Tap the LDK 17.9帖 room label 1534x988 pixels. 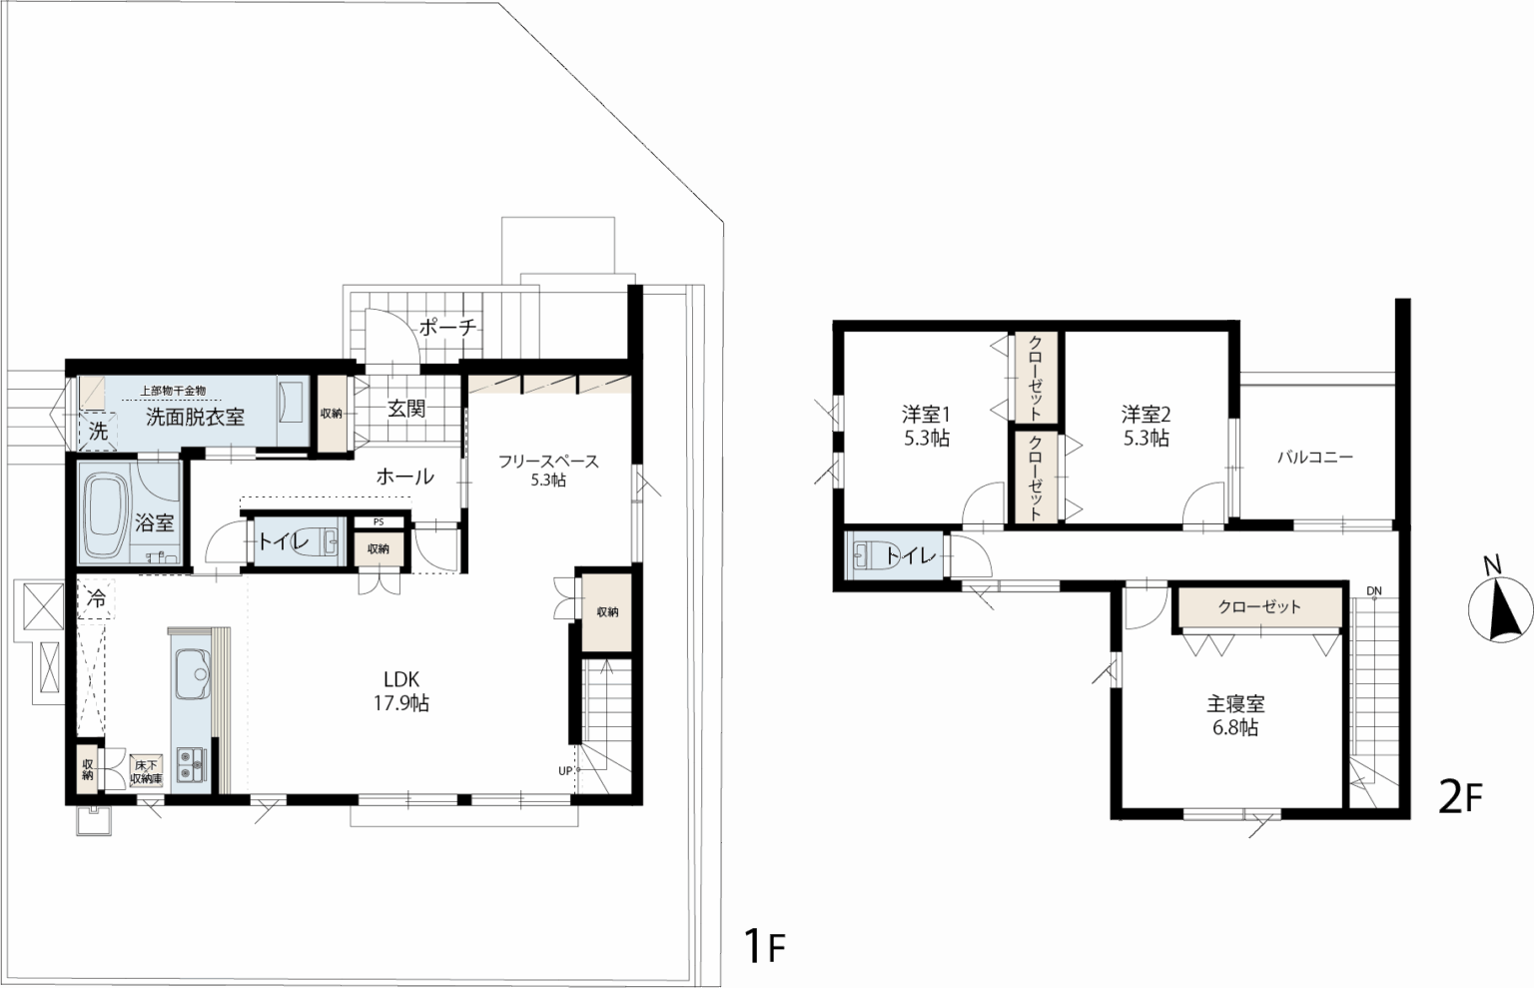click(401, 690)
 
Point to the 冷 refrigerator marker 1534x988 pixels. click(96, 598)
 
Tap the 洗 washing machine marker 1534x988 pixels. click(99, 432)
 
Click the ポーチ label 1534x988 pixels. click(447, 328)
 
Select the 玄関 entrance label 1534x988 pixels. click(406, 409)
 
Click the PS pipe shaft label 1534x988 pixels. click(379, 522)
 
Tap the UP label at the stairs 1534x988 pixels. click(565, 771)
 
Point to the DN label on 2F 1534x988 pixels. click(1374, 590)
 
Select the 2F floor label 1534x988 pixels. click(1461, 797)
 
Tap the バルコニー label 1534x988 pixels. click(1315, 457)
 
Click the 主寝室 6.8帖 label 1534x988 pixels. click(1235, 715)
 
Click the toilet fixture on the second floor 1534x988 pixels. click(865, 555)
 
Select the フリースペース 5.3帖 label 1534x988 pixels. click(548, 470)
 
